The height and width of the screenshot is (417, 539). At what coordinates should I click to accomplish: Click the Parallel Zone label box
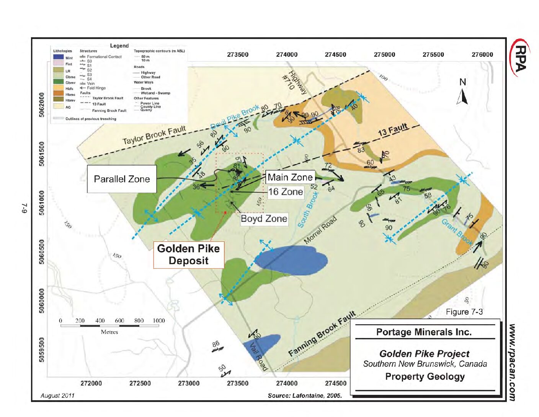(x=122, y=179)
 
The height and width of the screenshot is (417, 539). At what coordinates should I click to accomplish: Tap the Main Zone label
(x=290, y=177)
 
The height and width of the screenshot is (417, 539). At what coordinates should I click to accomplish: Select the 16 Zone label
(x=286, y=192)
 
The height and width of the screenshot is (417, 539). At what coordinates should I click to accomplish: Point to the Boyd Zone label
(x=264, y=219)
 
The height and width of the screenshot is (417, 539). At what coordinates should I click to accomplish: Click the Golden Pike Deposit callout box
(x=188, y=254)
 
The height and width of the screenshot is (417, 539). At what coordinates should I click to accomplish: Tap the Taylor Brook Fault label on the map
(x=154, y=135)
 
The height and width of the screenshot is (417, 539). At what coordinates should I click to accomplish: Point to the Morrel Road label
(x=320, y=230)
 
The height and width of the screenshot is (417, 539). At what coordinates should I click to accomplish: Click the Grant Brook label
(x=457, y=231)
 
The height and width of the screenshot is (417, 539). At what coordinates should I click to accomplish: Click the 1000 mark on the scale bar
(x=159, y=321)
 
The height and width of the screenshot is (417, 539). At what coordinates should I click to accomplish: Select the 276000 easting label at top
(x=482, y=54)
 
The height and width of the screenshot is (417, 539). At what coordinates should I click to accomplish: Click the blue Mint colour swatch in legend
(x=59, y=57)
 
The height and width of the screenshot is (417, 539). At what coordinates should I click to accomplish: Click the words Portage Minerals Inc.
(x=424, y=332)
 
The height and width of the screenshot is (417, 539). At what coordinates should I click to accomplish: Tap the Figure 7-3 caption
(x=464, y=312)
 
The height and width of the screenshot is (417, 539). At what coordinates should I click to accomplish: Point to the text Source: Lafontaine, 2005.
(x=305, y=396)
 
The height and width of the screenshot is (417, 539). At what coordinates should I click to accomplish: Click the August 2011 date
(x=58, y=396)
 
